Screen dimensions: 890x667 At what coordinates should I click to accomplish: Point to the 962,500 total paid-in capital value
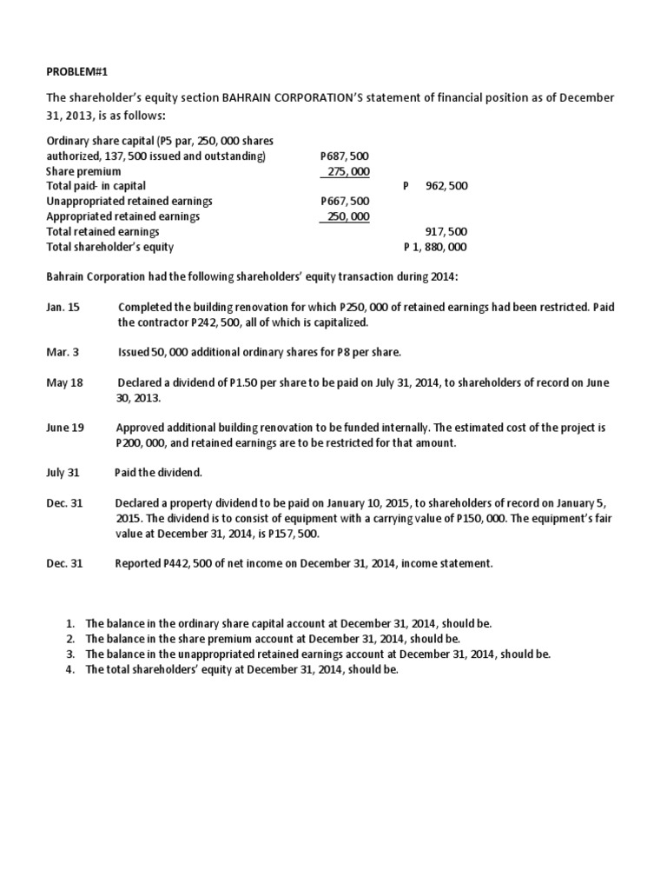446,187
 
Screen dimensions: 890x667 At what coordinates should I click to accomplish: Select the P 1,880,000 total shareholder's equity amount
435,247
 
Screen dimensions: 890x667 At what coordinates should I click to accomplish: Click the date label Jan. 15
63,308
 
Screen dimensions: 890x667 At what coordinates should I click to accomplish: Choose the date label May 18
63,382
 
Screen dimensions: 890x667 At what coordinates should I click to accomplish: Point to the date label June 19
64,428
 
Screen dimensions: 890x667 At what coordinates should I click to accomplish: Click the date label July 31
63,473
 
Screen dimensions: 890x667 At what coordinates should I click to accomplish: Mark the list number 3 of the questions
70,654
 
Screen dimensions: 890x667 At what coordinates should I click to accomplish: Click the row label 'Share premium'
83,172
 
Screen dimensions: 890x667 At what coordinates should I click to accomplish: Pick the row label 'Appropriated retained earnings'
122,216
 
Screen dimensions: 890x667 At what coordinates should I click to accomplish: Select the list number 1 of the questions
70,624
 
